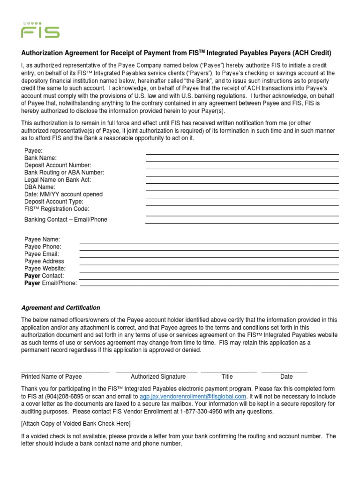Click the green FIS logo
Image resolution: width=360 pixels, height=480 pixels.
tap(40, 30)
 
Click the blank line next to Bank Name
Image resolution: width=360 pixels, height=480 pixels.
tap(242, 161)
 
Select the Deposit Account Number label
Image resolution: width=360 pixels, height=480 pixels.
tap(58, 165)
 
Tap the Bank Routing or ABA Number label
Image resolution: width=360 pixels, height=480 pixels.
tap(64, 172)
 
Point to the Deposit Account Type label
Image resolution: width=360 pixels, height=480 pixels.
tap(53, 202)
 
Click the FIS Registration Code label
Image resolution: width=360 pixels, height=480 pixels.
tap(56, 209)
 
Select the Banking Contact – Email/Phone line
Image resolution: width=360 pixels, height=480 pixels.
tap(242, 223)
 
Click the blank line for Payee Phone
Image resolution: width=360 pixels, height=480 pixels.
tap(209, 250)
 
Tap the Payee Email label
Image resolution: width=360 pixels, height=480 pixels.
tap(41, 254)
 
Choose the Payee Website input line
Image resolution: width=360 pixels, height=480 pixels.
tap(209, 272)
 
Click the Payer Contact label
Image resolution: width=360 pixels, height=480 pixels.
tap(44, 276)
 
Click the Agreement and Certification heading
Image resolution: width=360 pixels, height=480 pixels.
tap(60, 308)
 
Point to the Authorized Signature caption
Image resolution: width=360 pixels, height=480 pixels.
tap(158, 376)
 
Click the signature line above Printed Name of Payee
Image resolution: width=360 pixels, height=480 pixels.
tap(65, 371)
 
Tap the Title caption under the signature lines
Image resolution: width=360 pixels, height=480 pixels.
tap(227, 376)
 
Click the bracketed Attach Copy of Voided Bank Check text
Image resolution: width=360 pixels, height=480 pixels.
tap(76, 424)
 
